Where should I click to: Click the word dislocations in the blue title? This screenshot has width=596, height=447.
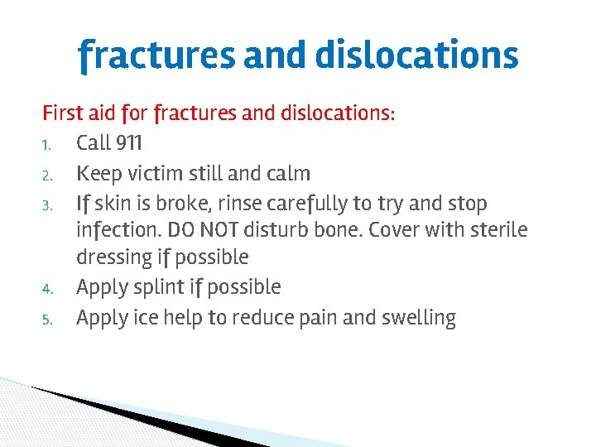[416, 55]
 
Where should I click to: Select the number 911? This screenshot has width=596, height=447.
[128, 143]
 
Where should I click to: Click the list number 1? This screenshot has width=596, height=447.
[48, 145]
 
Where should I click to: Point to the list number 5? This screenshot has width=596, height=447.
[48, 320]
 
